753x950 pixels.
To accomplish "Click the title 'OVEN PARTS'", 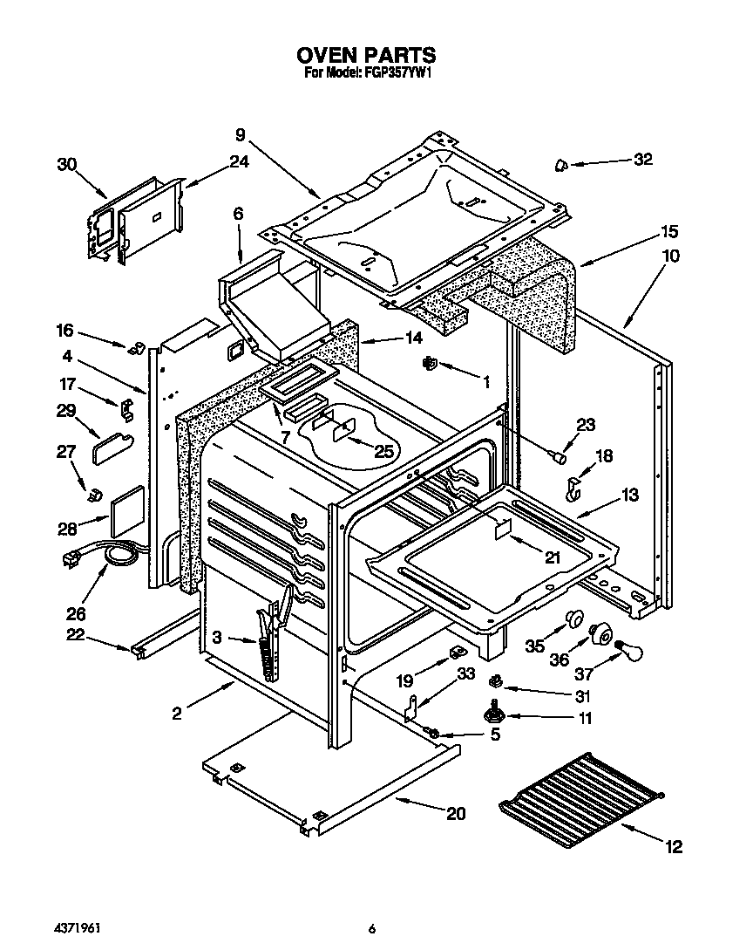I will tap(366, 57).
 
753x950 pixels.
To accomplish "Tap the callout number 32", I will tap(642, 159).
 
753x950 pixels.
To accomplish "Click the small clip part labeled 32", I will tap(562, 165).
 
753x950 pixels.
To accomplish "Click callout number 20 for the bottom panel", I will tap(455, 814).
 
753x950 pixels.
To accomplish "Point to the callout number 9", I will tap(241, 134).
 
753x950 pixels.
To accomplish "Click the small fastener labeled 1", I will tap(429, 363).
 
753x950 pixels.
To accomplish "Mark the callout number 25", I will tap(384, 450).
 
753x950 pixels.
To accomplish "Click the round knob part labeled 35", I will tap(573, 619).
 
